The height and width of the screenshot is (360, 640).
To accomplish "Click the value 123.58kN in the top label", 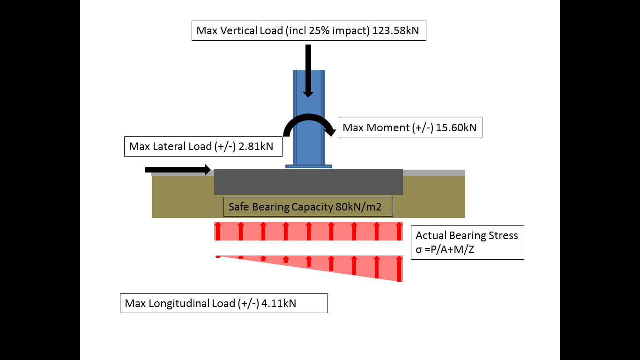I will click(395, 31).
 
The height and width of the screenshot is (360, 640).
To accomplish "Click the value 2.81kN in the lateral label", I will click(257, 146).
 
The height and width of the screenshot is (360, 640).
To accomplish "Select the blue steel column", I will click(309, 141).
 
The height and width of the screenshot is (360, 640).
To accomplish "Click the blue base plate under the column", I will click(309, 166).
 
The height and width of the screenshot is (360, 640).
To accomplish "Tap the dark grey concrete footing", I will click(262, 183).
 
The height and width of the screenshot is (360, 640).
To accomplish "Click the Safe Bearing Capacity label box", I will click(308, 207).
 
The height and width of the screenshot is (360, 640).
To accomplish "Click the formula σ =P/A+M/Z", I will click(445, 249).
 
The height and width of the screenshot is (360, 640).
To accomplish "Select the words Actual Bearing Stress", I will click(467, 235).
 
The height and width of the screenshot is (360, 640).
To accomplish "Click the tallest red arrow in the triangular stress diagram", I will click(399, 269).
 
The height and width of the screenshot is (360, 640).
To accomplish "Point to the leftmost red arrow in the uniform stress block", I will click(218, 231).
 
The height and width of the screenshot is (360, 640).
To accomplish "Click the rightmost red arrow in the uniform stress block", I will click(399, 231).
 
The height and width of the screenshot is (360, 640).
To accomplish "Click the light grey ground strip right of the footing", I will click(433, 173).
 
